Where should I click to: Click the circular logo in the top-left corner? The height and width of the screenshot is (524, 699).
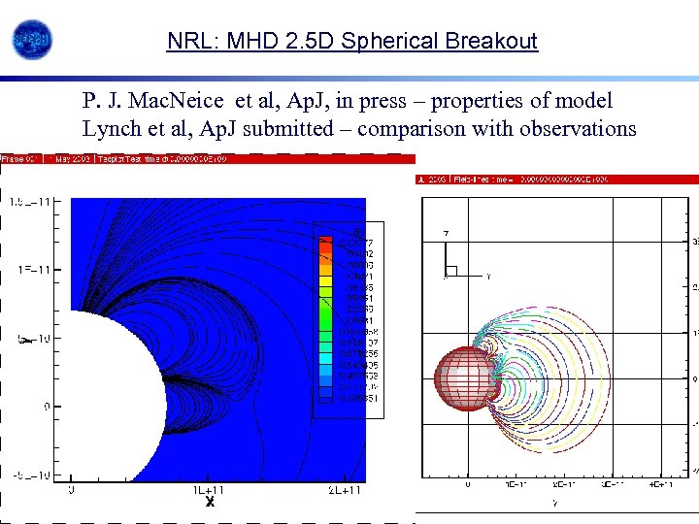point(31,40)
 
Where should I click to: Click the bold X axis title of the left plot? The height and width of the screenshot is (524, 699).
point(209,503)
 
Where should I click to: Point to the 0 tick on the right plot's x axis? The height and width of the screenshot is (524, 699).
point(467,483)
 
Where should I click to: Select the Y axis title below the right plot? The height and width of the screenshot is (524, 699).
point(554,503)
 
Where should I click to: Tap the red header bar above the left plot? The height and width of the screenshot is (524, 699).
point(208,158)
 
